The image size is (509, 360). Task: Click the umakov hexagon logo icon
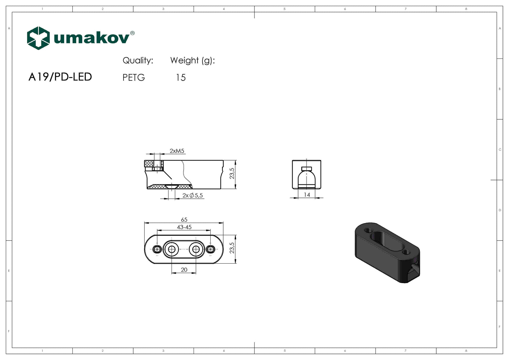pos(38,38)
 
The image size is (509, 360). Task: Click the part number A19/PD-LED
pos(60,77)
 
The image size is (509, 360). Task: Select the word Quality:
pos(138,61)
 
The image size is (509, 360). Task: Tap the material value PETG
pos(134,78)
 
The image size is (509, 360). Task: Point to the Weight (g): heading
pos(192,61)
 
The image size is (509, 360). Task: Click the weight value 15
pos(181,78)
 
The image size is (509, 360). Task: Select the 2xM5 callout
pos(177,151)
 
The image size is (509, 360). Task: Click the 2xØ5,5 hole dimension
pos(193,195)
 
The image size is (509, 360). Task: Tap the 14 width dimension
pos(307,195)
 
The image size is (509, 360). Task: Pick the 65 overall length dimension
pos(184,219)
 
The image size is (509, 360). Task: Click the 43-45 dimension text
pos(184,227)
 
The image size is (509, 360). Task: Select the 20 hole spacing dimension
pos(184,270)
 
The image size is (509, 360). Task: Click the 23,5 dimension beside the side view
pos(232,174)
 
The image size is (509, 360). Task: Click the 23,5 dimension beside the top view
pos(232,248)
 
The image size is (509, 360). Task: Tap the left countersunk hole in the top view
pos(172,249)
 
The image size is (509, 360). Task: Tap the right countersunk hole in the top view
pos(196,249)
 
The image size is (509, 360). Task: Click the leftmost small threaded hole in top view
pos(157,249)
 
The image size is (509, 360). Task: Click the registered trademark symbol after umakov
pos(132,33)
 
